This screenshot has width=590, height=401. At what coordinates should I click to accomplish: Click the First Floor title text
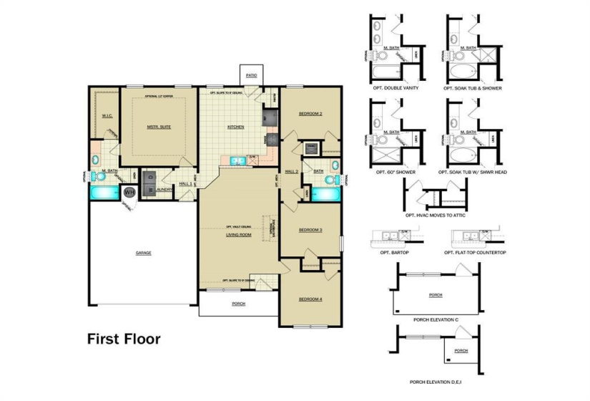click(x=124, y=338)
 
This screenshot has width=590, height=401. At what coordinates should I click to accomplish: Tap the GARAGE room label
click(x=144, y=253)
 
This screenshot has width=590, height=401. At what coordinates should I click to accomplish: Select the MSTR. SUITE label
click(x=159, y=127)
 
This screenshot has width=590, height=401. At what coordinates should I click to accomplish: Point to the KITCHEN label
click(x=235, y=127)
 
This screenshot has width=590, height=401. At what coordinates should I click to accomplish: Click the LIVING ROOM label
click(x=238, y=234)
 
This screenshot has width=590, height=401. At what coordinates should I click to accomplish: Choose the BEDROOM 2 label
click(x=310, y=114)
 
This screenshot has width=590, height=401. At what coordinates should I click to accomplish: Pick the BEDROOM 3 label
click(x=310, y=230)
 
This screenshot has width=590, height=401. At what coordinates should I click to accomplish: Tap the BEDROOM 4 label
click(x=310, y=299)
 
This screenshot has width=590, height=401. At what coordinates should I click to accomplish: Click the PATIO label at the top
click(x=251, y=74)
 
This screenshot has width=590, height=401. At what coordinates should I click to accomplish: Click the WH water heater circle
click(x=129, y=192)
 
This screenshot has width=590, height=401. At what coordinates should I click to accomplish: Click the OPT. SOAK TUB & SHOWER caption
click(x=468, y=88)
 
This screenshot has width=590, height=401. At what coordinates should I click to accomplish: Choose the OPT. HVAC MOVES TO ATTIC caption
click(x=433, y=215)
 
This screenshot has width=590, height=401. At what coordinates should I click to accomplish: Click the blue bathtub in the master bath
click(x=104, y=193)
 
